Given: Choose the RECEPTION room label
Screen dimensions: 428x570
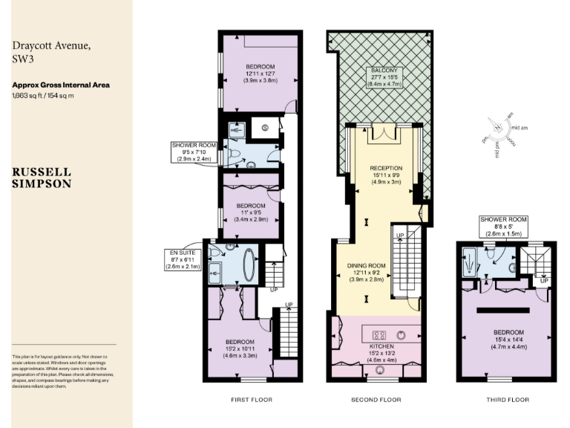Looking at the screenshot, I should click(x=385, y=174).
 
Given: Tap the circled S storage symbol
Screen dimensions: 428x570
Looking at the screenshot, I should click(x=265, y=129).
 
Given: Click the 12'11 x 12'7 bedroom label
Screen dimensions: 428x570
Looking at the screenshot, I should click(x=261, y=75).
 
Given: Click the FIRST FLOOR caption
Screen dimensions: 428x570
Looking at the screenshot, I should click(x=251, y=400).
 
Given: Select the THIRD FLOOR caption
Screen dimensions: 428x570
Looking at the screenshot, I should click(x=508, y=400).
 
